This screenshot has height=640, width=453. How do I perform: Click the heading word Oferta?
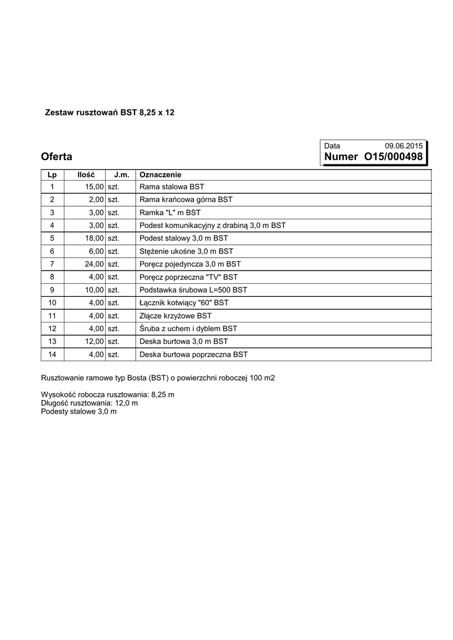(56, 156)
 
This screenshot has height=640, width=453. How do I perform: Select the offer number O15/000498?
(393, 157)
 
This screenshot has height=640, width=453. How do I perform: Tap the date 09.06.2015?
(404, 146)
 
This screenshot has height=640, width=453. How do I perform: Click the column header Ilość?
(86, 174)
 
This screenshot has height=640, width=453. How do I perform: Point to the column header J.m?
(121, 174)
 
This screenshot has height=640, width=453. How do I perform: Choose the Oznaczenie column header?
(160, 174)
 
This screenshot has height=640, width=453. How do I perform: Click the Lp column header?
(52, 174)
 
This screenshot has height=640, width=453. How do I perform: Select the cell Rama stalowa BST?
(171, 187)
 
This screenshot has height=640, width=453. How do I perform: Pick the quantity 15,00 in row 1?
(94, 187)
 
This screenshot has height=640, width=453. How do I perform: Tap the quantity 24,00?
(94, 264)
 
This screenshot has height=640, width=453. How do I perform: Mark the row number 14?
(52, 354)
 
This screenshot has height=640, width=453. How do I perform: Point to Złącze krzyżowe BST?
(175, 316)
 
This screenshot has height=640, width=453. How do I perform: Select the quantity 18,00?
(94, 238)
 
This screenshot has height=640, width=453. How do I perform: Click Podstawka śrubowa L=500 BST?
(193, 290)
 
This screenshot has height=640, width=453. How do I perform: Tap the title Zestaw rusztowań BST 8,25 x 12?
(110, 113)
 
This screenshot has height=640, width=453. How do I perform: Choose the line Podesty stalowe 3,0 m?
(79, 411)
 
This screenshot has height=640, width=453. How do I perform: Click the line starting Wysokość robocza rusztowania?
(108, 395)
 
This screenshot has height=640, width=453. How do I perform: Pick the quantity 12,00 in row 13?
(94, 341)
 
